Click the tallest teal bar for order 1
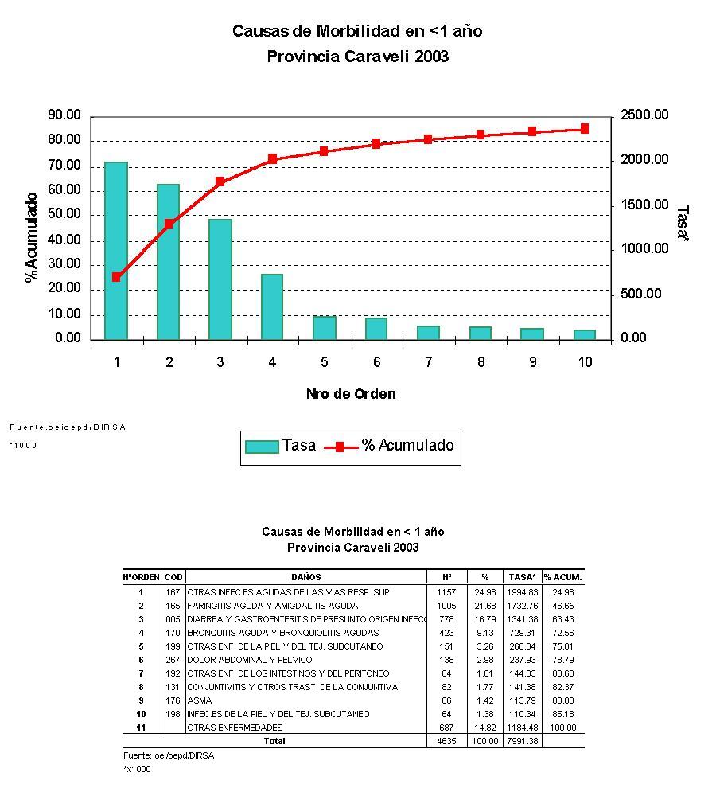point(116,251)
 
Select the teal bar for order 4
point(272,306)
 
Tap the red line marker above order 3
point(220,182)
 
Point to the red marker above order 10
point(585,128)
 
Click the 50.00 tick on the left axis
point(64,215)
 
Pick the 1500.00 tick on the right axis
point(644,205)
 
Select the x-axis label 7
point(428,363)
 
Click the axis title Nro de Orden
point(351,394)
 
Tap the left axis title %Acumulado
point(32,237)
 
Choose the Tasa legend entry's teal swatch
point(261,447)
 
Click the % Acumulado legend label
point(407,446)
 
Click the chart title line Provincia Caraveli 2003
point(357,57)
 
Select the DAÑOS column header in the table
point(306,577)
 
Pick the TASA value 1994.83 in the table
point(523,592)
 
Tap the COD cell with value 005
point(173,619)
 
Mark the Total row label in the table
point(274,741)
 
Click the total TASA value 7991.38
point(523,741)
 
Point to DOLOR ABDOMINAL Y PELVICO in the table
point(249,660)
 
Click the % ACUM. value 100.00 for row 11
point(563,728)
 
